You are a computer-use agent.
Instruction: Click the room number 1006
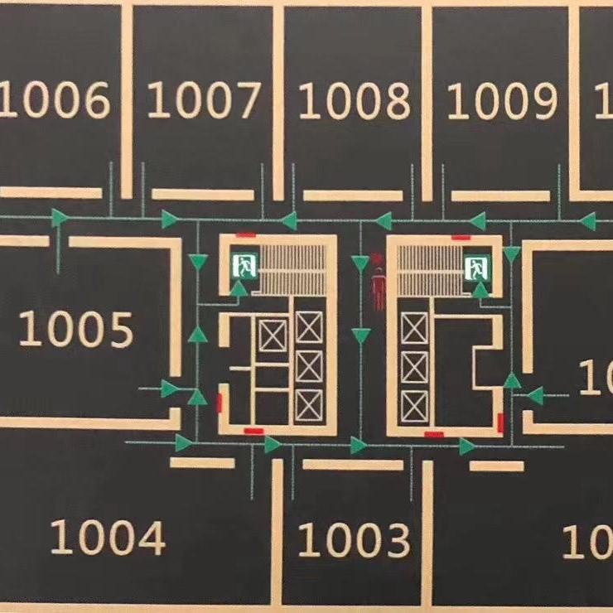56,101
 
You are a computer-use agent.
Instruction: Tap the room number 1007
204,101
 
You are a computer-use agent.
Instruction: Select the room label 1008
354,101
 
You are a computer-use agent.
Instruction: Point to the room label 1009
502,101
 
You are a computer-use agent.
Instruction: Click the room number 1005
75,329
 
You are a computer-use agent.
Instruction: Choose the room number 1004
108,538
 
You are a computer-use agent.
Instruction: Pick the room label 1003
354,539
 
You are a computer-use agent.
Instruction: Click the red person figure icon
379,289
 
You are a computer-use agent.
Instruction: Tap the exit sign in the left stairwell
245,266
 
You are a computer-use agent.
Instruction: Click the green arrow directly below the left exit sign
239,288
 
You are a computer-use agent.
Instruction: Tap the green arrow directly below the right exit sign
480,288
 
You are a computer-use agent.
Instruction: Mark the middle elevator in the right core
414,367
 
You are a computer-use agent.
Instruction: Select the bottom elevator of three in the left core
309,406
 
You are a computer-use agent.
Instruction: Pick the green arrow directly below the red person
361,335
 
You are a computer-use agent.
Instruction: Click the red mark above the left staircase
244,235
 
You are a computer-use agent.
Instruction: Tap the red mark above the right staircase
461,236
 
